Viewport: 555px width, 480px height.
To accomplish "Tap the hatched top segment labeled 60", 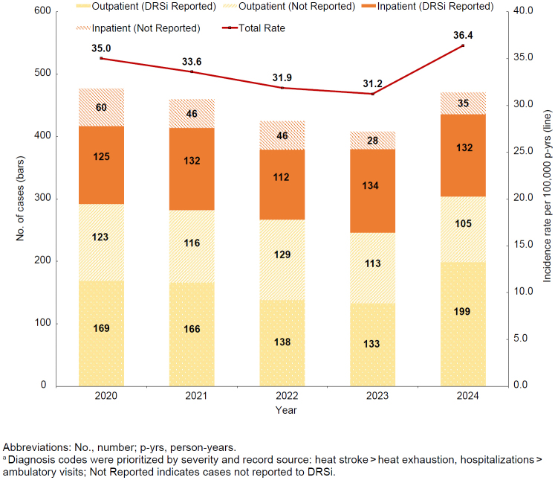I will coord(102,107).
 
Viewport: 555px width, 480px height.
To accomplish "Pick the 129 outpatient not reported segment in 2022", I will coord(282,255).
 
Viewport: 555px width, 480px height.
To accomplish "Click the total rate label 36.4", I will coord(463,34).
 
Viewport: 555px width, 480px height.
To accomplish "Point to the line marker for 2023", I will coord(373,93).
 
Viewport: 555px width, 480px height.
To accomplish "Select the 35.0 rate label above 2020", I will coord(102,47).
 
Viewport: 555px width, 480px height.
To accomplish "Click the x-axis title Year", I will coord(282,410).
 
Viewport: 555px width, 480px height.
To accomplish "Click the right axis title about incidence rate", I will coord(548,198).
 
